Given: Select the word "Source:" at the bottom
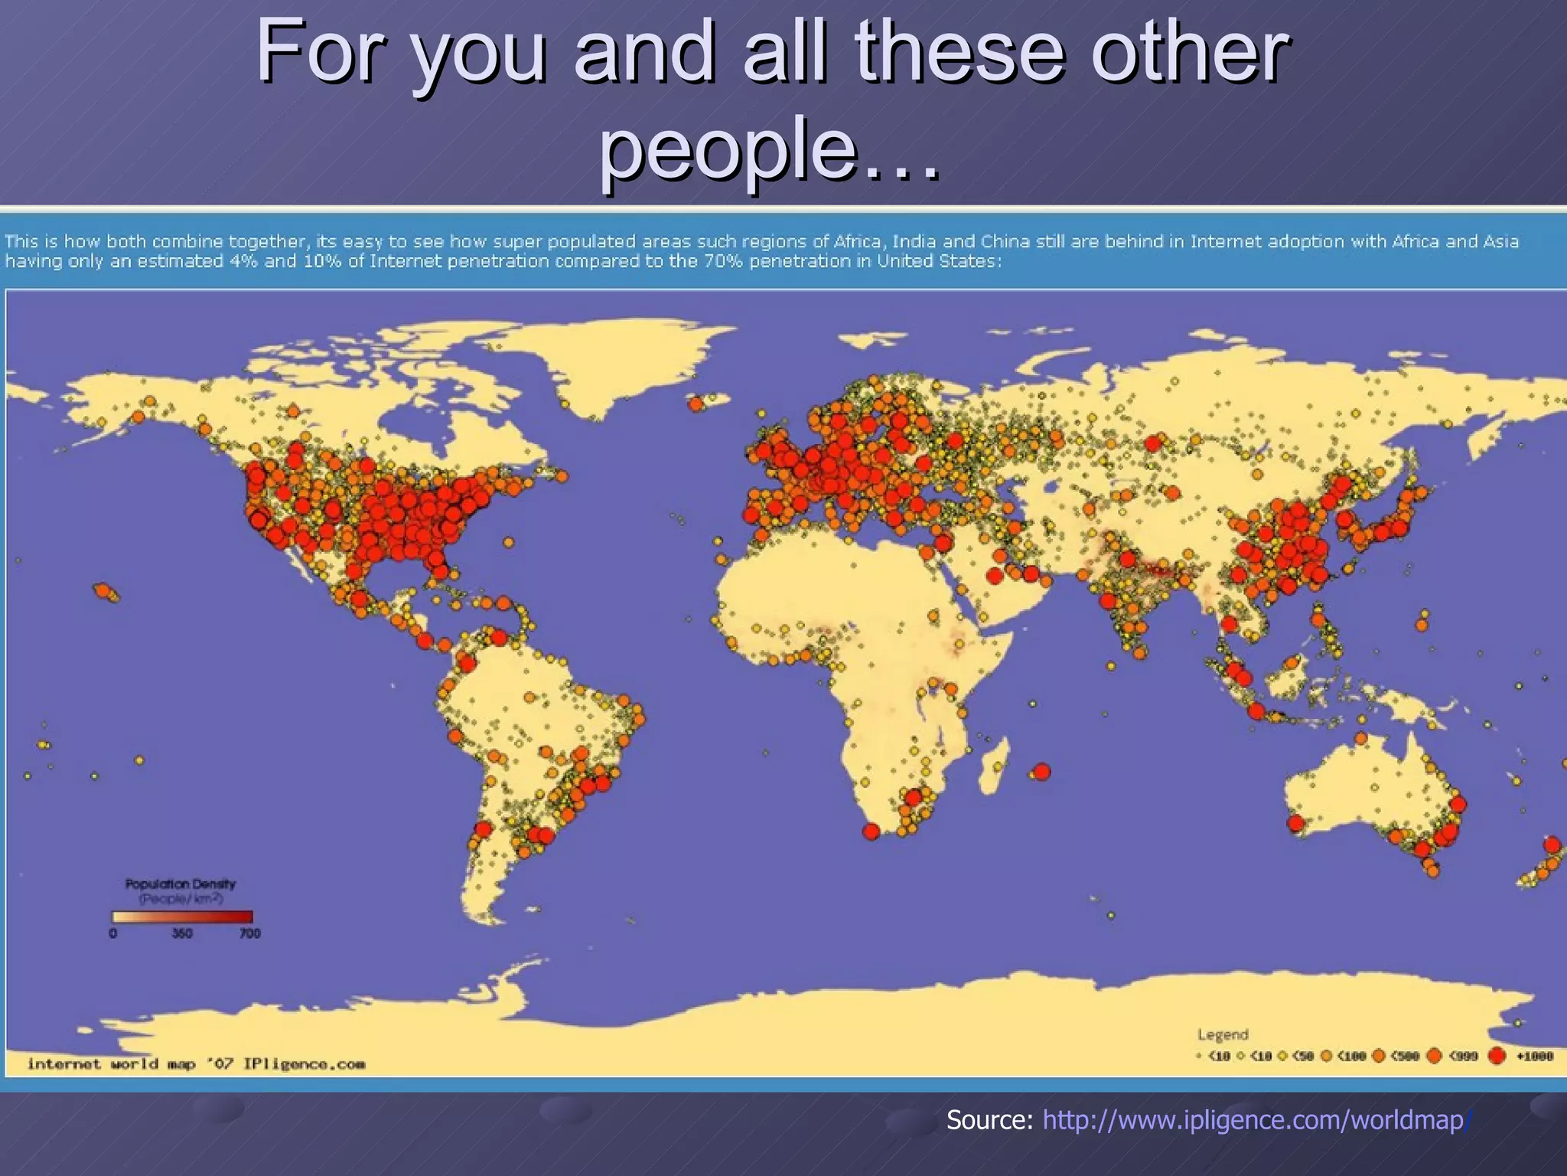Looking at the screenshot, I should tap(990, 1120).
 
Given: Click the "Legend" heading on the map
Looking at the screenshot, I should tap(1223, 1034).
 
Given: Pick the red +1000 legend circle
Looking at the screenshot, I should tap(1497, 1057).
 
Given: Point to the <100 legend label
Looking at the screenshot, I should tap(1351, 1057).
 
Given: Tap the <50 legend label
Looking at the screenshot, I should tap(1302, 1057).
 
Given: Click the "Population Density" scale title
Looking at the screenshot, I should tap(181, 884).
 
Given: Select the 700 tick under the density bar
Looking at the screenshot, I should tap(250, 933).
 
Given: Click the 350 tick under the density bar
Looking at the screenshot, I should tap(182, 933).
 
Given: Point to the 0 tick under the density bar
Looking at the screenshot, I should tap(113, 933).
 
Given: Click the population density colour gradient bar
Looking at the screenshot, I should tap(182, 916).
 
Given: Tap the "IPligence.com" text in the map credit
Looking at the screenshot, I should tap(304, 1064).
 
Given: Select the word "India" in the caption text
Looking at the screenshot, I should tap(914, 241).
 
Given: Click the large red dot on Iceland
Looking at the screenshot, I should tap(696, 403).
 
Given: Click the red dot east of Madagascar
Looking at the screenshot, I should tap(1041, 772).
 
